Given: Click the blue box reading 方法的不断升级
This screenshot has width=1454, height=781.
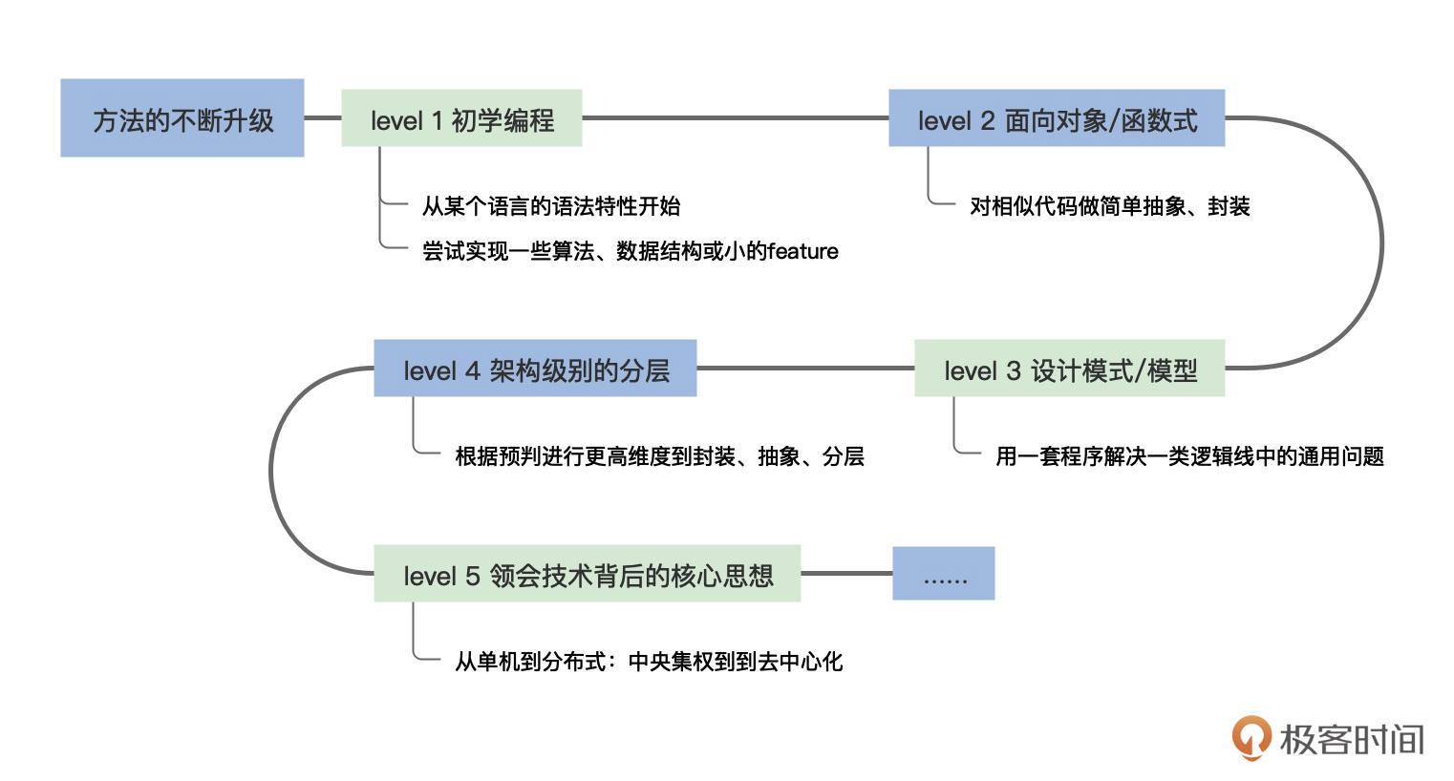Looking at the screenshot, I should (x=182, y=118).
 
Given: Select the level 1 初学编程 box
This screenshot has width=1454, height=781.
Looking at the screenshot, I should (x=461, y=118).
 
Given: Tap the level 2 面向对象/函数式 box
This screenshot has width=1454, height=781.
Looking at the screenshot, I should (x=1056, y=118).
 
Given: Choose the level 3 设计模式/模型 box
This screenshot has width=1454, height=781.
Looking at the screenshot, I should (x=1069, y=369).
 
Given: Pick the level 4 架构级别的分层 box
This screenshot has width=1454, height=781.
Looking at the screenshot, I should (x=535, y=369).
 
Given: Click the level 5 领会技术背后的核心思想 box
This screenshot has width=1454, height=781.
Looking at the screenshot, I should (x=587, y=574).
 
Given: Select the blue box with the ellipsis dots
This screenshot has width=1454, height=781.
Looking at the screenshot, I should (x=943, y=574).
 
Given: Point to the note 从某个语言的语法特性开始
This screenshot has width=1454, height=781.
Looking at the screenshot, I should (x=551, y=205).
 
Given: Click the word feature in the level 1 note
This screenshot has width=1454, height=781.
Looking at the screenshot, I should (x=802, y=251).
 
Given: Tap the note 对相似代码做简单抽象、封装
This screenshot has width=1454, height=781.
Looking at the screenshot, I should (x=1109, y=205).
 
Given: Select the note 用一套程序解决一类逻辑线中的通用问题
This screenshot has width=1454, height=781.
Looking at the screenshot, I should (x=1189, y=456).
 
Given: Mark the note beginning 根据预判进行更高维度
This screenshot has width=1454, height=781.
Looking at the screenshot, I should (x=659, y=456).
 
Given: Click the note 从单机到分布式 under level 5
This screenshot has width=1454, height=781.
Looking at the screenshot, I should (x=649, y=661).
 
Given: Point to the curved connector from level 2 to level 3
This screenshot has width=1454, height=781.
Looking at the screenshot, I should (x=1380, y=243).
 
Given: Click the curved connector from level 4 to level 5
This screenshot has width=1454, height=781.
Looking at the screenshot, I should (x=271, y=471).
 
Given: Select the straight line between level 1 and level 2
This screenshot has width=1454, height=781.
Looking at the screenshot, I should (x=735, y=118).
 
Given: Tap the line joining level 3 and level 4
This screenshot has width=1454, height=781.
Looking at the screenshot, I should (x=805, y=369).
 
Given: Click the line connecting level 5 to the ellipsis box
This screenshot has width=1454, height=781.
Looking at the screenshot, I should (x=845, y=574).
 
